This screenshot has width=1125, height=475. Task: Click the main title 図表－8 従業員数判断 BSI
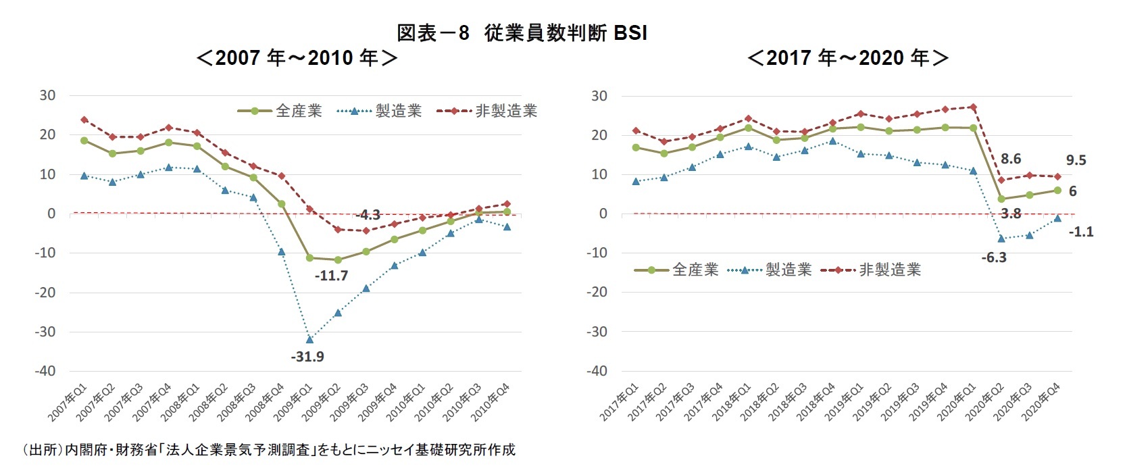click(x=522, y=32)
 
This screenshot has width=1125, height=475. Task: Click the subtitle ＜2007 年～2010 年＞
click(x=297, y=58)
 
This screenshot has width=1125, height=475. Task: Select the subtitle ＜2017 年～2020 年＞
click(x=848, y=58)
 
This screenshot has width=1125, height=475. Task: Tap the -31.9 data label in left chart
click(x=307, y=357)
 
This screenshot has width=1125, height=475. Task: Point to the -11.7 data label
click(x=331, y=276)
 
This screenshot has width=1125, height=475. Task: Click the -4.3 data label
click(x=368, y=216)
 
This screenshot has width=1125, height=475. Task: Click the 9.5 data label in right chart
click(x=1076, y=161)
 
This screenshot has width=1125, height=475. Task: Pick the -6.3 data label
click(x=994, y=258)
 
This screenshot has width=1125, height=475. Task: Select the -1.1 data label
click(x=1081, y=232)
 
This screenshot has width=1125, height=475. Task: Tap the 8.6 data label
click(x=1011, y=159)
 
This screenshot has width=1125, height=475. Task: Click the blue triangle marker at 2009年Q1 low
click(x=309, y=339)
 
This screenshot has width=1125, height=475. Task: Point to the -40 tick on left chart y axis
click(x=45, y=371)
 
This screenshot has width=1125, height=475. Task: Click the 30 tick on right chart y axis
click(x=599, y=96)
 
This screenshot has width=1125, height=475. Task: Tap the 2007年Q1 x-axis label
click(x=67, y=403)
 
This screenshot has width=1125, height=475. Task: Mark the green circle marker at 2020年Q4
click(x=1057, y=191)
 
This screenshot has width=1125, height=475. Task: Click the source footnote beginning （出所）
click(x=268, y=450)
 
